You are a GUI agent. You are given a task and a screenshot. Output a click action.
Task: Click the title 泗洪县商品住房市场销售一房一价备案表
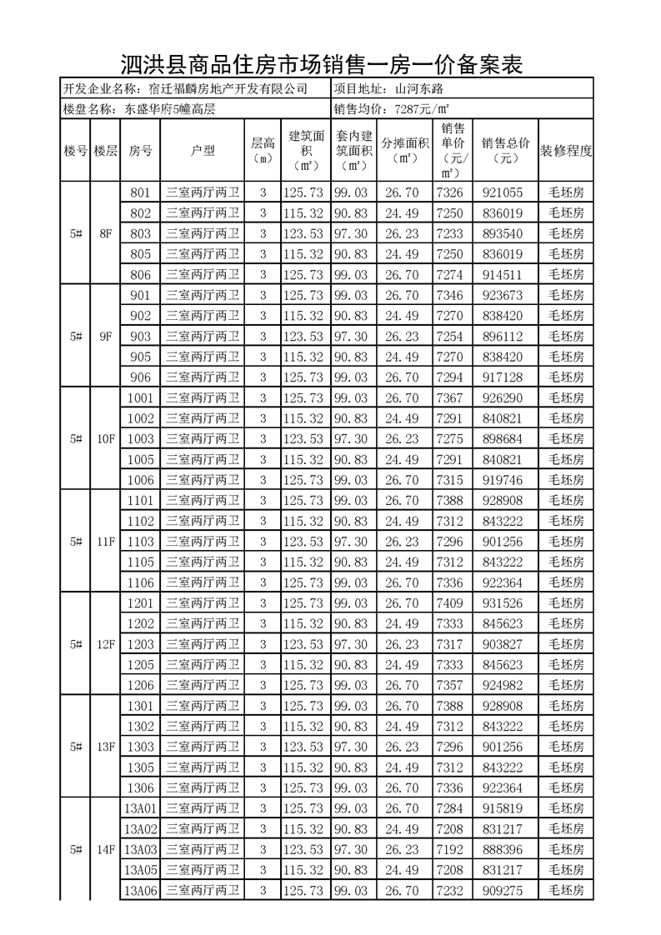pos(322,65)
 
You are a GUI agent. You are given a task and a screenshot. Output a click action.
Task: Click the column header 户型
pos(203,151)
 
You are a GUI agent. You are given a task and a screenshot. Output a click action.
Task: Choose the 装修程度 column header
pos(566,151)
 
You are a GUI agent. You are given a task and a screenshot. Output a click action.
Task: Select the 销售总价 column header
pos(506,150)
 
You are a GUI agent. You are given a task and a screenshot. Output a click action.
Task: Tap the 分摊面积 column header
pos(405,150)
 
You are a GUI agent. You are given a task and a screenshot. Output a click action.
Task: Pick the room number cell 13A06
pos(141,891)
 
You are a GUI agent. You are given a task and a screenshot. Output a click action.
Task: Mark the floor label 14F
pos(105,850)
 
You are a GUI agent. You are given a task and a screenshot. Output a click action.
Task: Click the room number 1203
pos(141,644)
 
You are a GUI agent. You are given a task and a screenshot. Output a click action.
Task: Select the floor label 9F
pos(105,337)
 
